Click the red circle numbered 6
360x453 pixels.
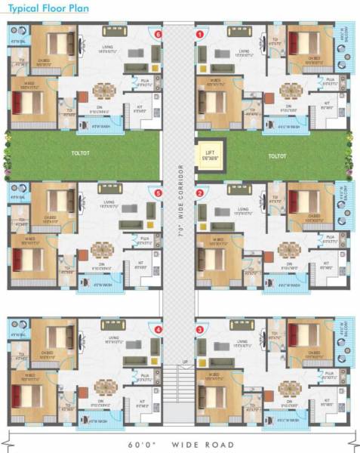pyautogui.click(x=158, y=34)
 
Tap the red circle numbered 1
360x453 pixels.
pyautogui.click(x=200, y=34)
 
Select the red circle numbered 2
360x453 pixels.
pyautogui.click(x=200, y=193)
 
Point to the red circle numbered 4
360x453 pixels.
pyautogui.click(x=158, y=330)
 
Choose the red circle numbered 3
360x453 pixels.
pyautogui.click(x=200, y=330)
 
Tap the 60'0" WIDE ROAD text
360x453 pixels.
pyautogui.click(x=180, y=444)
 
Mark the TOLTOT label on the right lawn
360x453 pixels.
pyautogui.click(x=278, y=155)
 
